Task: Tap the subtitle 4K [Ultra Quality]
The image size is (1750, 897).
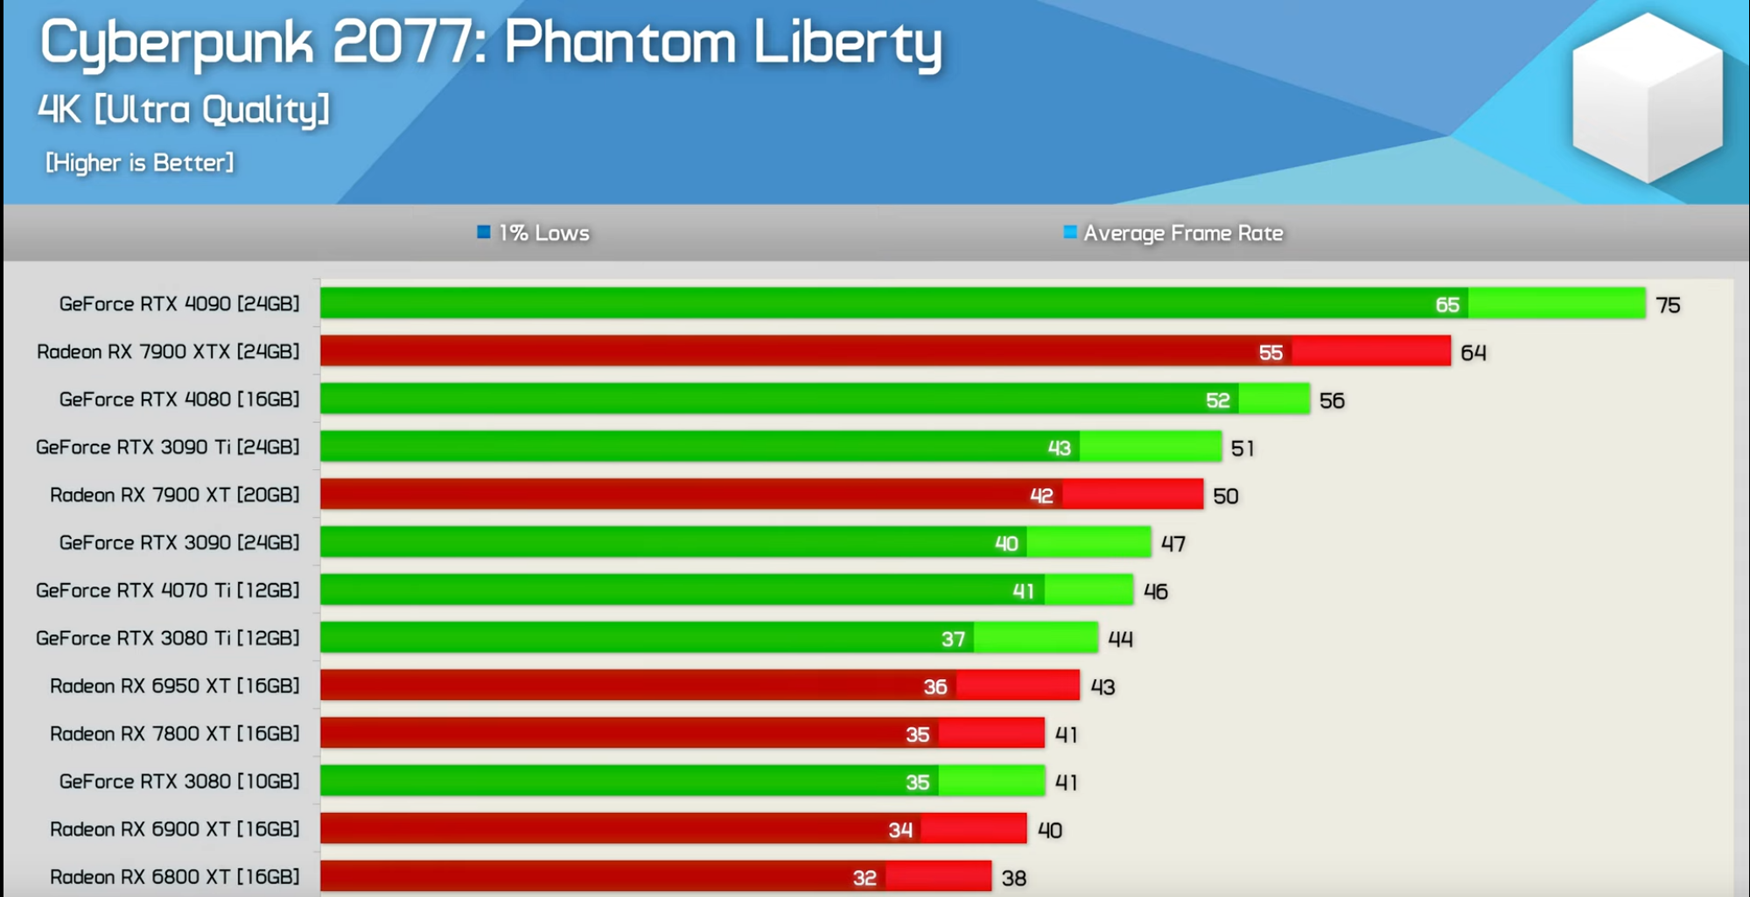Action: click(x=184, y=110)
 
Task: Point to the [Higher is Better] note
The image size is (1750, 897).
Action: click(x=140, y=163)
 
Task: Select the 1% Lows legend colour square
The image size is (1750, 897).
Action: click(x=483, y=232)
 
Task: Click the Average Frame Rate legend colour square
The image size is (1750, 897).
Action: click(x=1069, y=232)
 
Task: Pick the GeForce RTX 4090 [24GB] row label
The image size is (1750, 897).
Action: click(x=179, y=304)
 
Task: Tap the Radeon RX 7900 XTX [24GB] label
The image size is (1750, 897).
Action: click(x=168, y=352)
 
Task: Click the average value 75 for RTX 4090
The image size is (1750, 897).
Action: click(x=1668, y=305)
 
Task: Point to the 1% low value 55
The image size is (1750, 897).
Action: click(x=1270, y=353)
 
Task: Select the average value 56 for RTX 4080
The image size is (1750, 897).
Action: click(x=1332, y=401)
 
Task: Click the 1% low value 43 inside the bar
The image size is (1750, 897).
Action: click(x=1059, y=448)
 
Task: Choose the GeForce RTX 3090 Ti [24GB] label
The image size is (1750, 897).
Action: click(x=168, y=447)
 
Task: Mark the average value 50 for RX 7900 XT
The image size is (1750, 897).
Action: click(x=1225, y=496)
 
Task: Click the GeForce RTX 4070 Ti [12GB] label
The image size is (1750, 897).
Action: click(x=168, y=591)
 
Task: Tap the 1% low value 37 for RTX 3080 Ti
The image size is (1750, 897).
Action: click(x=953, y=640)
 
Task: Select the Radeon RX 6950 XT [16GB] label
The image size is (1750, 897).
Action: click(x=175, y=686)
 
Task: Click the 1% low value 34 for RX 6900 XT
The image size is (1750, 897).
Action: click(x=900, y=830)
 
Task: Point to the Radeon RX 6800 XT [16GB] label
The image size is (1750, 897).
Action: click(x=175, y=877)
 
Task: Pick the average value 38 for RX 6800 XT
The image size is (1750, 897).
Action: click(x=1013, y=878)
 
